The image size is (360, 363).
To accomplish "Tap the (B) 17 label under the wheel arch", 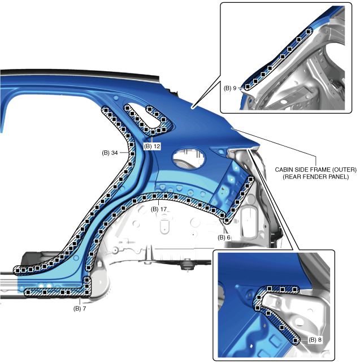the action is (x=160, y=209).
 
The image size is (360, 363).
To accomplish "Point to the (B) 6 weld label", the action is (x=224, y=237).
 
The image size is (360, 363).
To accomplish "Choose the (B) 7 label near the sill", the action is (x=80, y=309).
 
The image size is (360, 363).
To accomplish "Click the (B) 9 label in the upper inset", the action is (x=230, y=88).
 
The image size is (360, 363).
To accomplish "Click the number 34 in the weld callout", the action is (x=114, y=153).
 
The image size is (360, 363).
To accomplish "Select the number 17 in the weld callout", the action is (x=164, y=209).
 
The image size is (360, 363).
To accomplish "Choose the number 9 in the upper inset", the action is (x=235, y=88).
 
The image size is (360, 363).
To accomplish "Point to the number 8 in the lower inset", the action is (x=320, y=340).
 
